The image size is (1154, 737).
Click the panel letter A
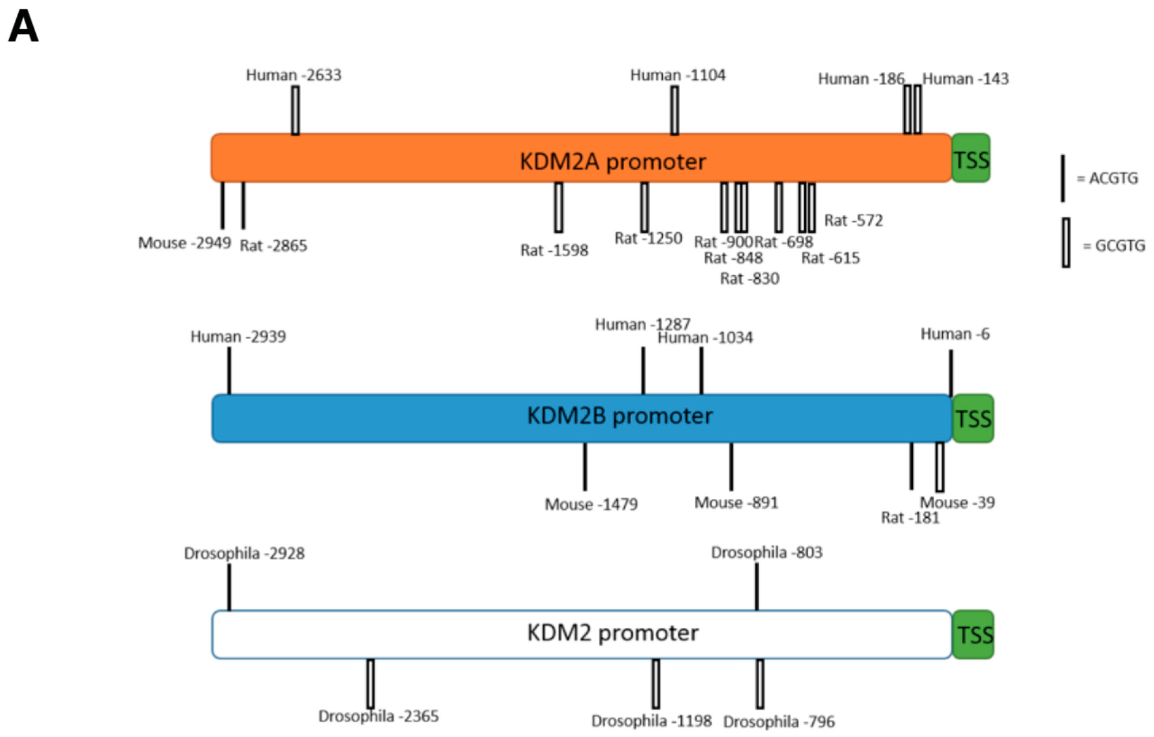point(23,27)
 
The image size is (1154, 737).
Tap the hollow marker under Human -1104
point(674,110)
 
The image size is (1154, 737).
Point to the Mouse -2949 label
point(184,243)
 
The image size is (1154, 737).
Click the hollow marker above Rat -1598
point(558,207)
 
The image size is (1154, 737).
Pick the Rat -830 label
point(750,278)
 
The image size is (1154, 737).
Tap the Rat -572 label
point(853,220)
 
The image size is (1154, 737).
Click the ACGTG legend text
point(1113,178)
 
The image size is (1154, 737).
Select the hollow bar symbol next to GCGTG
point(1066,243)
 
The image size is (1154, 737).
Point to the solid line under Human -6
point(951,373)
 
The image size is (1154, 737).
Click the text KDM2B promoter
point(619,416)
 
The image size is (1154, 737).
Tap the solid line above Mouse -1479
point(585,467)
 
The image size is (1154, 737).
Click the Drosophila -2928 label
point(244,553)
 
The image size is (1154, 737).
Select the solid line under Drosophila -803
point(757,587)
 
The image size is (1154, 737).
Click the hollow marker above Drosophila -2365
point(371,683)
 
